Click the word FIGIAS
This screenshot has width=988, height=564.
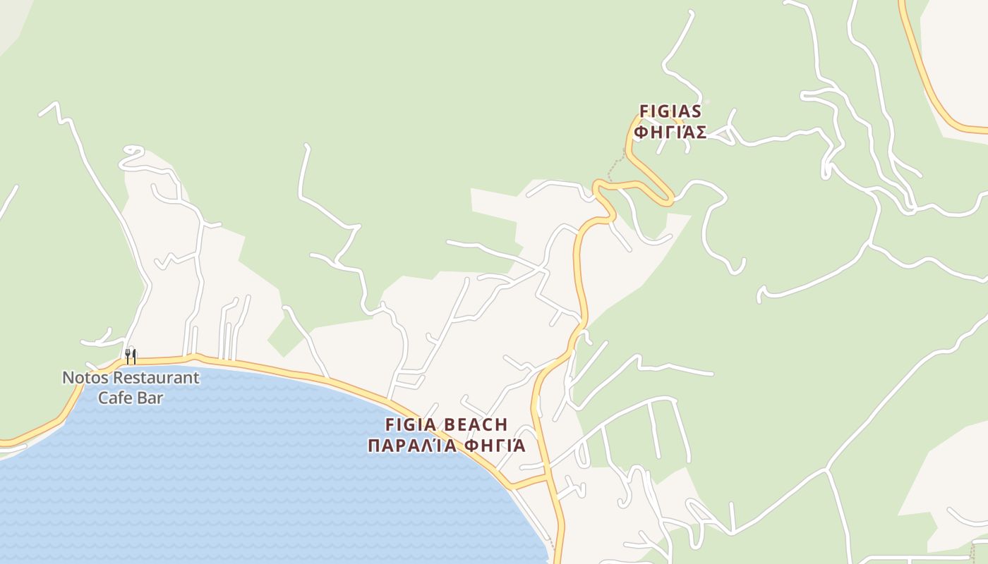click(x=670, y=111)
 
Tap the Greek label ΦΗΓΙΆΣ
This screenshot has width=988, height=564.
click(x=670, y=133)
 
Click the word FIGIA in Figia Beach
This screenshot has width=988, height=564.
click(x=411, y=424)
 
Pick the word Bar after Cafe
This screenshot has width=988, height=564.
click(x=150, y=398)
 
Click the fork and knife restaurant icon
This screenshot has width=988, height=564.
click(x=131, y=356)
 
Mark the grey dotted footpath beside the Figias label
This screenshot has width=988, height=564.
click(x=615, y=166)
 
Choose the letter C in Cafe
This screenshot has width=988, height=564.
click(x=103, y=398)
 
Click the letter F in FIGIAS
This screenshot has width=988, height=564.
click(x=644, y=111)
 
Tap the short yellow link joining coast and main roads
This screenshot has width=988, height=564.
click(x=529, y=482)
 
